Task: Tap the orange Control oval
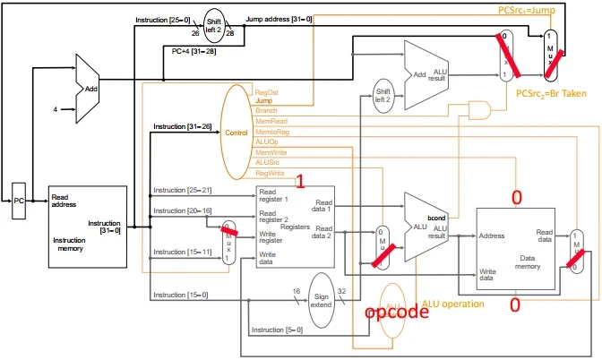(236, 133)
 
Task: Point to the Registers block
(294, 225)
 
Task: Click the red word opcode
(395, 313)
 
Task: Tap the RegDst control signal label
(267, 92)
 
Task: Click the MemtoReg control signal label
(272, 132)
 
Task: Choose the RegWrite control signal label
(271, 172)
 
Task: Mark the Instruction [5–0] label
(276, 330)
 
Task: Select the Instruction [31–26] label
(182, 127)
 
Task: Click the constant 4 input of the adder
(55, 109)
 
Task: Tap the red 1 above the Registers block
(301, 182)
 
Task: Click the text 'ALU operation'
(453, 304)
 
